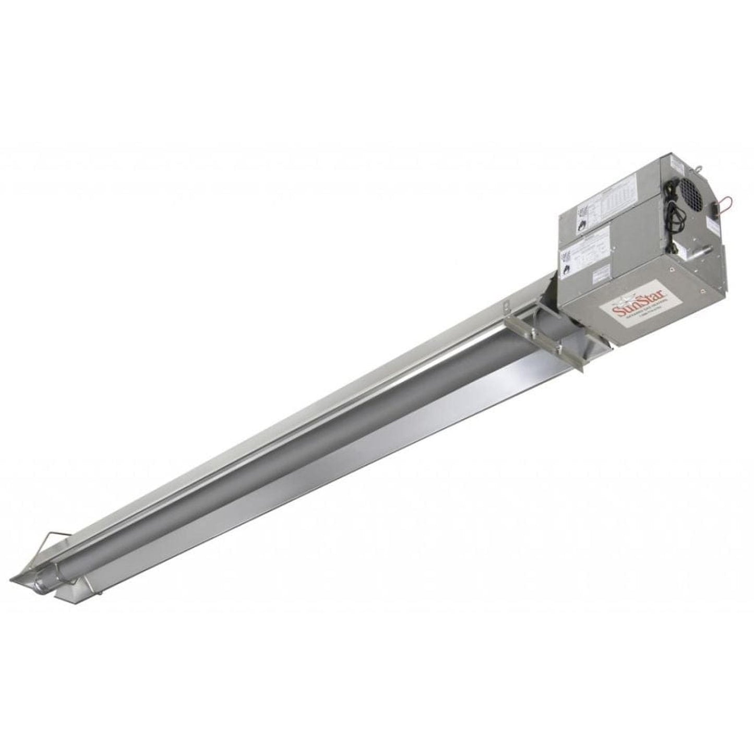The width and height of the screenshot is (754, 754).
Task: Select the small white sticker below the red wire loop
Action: pos(710,225)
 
